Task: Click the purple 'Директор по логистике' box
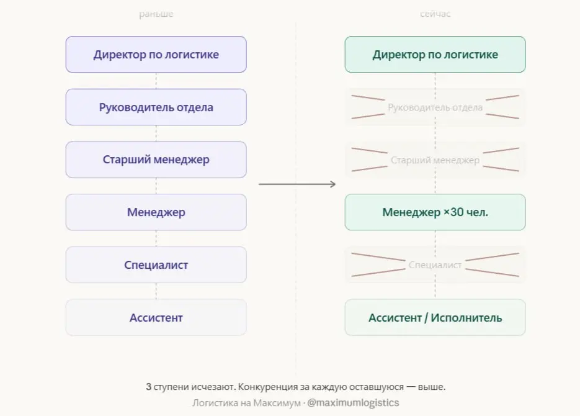coord(156,55)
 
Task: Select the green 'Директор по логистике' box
coord(435,55)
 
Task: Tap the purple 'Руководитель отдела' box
coord(156,107)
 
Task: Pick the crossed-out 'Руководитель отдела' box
coord(435,107)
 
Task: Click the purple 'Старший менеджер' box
coord(156,160)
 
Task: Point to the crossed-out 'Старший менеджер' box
coord(435,160)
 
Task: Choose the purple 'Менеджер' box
coord(156,212)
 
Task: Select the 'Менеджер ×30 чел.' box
coord(435,212)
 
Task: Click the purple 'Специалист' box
coord(156,265)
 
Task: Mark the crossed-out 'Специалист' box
coord(435,265)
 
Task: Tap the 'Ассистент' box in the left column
coord(156,318)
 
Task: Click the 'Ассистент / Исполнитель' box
coord(435,318)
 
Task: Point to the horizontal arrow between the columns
coord(297,184)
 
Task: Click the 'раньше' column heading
coord(156,14)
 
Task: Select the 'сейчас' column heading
coord(435,14)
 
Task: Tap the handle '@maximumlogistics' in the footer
coord(354,403)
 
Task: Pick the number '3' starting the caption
coord(149,387)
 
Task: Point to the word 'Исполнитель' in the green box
coord(466,318)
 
